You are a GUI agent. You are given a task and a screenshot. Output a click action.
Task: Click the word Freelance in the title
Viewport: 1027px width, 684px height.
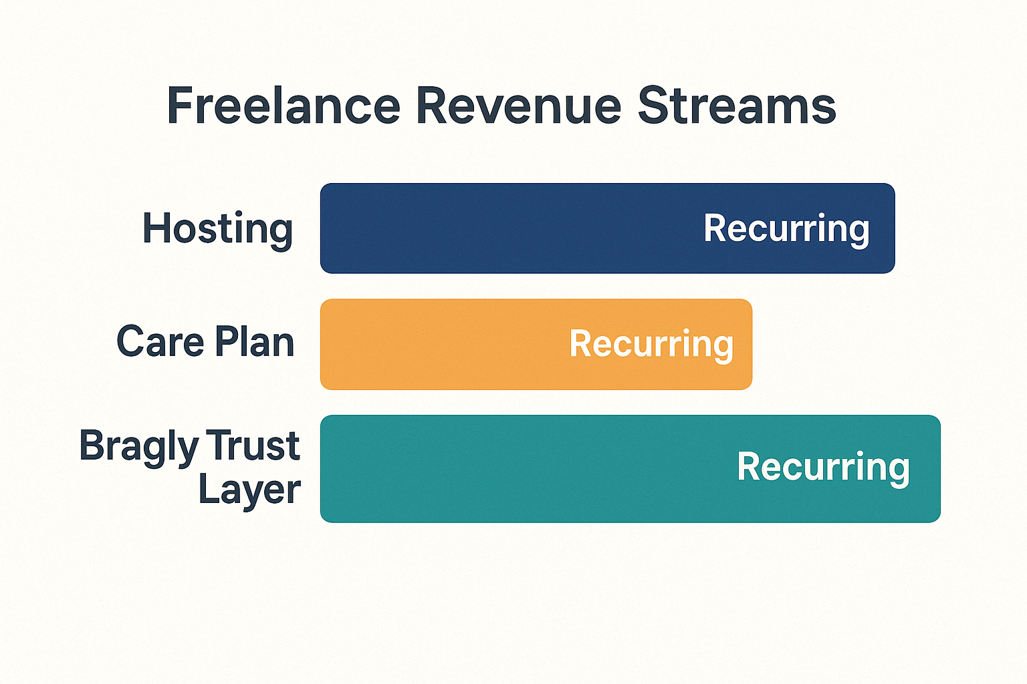click(283, 106)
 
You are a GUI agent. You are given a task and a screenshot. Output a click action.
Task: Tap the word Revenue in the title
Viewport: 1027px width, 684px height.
click(519, 106)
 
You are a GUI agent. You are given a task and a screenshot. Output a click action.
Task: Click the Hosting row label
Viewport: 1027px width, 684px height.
click(217, 230)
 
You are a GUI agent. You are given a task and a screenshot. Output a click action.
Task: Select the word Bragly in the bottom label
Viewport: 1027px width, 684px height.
click(139, 448)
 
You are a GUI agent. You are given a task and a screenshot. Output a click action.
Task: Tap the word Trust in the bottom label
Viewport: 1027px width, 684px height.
click(253, 445)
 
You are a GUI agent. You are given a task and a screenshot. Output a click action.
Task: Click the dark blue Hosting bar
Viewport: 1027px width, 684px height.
click(608, 228)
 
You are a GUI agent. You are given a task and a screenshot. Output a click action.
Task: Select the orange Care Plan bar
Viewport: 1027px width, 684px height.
click(536, 345)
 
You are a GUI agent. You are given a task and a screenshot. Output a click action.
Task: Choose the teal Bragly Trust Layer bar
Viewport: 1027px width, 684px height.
click(631, 469)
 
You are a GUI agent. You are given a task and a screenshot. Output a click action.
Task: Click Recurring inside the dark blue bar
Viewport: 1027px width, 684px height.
click(786, 230)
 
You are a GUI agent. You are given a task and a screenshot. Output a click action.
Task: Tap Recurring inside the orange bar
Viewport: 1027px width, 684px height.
click(651, 345)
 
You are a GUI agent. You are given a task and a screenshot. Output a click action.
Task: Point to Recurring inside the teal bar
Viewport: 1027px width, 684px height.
click(824, 468)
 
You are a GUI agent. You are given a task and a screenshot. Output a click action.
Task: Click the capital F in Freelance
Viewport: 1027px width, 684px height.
click(179, 106)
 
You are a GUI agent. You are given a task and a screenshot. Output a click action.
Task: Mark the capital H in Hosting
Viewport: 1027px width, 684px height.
click(156, 228)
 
